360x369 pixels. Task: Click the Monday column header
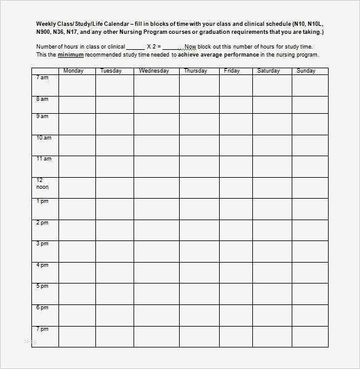(x=74, y=71)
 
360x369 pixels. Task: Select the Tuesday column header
(x=111, y=71)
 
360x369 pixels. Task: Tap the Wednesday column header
(x=154, y=71)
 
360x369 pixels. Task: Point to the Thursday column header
(x=195, y=71)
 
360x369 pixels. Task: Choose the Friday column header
(x=231, y=71)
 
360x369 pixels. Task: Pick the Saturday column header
(x=268, y=71)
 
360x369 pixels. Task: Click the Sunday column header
(x=306, y=71)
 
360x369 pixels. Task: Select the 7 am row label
(x=42, y=77)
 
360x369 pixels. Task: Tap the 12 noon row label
(x=42, y=183)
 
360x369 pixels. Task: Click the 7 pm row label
(x=42, y=329)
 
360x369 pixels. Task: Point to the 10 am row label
(x=44, y=138)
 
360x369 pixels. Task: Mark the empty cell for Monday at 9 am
(x=76, y=123)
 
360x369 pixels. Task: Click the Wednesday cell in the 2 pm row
(x=156, y=229)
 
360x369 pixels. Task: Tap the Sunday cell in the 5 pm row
(x=307, y=293)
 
